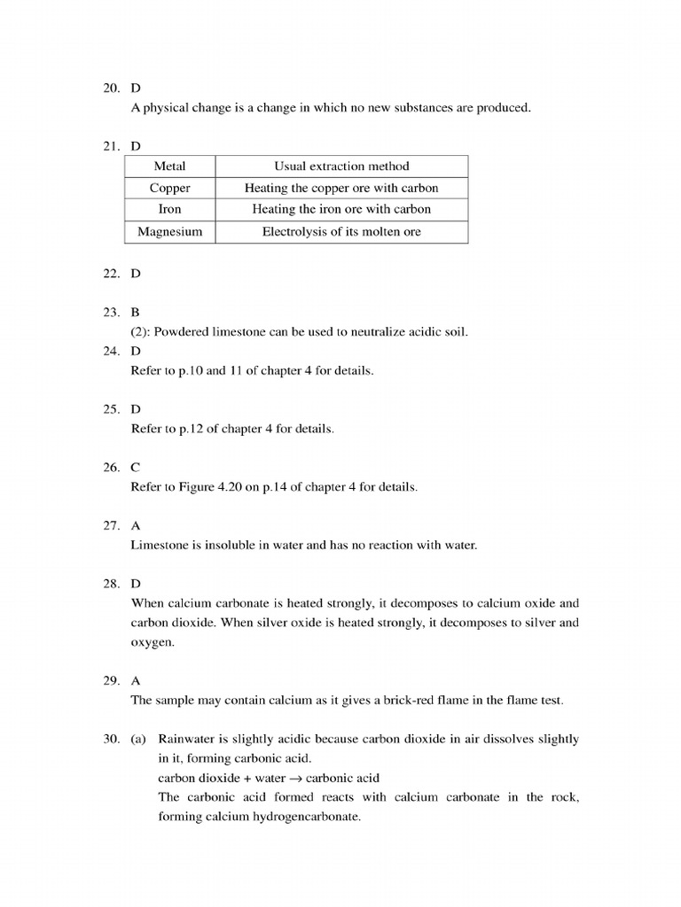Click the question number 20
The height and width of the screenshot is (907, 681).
(x=111, y=88)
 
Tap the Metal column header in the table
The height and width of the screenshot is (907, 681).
(x=169, y=166)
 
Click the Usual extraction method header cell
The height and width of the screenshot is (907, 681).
(x=341, y=166)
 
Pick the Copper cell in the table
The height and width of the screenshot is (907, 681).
(x=169, y=188)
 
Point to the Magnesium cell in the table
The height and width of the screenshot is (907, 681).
(x=169, y=231)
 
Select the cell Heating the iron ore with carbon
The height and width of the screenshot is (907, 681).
(x=341, y=209)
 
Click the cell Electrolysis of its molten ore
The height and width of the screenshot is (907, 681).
(x=341, y=231)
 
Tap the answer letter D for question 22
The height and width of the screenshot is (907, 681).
(x=136, y=274)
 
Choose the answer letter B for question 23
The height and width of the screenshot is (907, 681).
(x=136, y=312)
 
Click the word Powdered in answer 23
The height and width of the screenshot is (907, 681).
(x=181, y=332)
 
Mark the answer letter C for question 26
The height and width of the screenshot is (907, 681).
(x=136, y=467)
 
